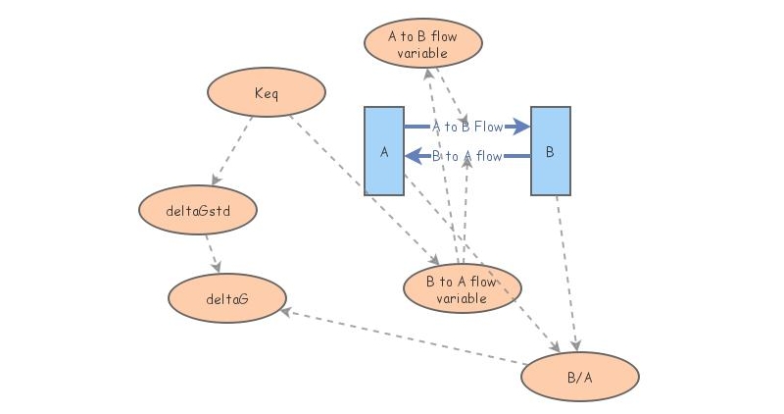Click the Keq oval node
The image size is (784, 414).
[266, 93]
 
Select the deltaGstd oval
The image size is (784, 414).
[198, 208]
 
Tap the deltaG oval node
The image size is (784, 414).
[226, 297]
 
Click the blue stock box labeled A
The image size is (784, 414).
[384, 152]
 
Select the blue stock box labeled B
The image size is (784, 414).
[550, 152]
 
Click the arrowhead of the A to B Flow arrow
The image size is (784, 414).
[521, 127]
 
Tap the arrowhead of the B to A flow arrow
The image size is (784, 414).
[414, 155]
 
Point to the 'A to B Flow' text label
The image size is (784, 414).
[467, 127]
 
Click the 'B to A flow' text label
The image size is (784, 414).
[467, 156]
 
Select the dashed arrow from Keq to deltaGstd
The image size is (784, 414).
[233, 150]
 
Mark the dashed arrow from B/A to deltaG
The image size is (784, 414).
[402, 337]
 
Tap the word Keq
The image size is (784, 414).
[266, 93]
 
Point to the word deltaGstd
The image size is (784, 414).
[198, 208]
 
